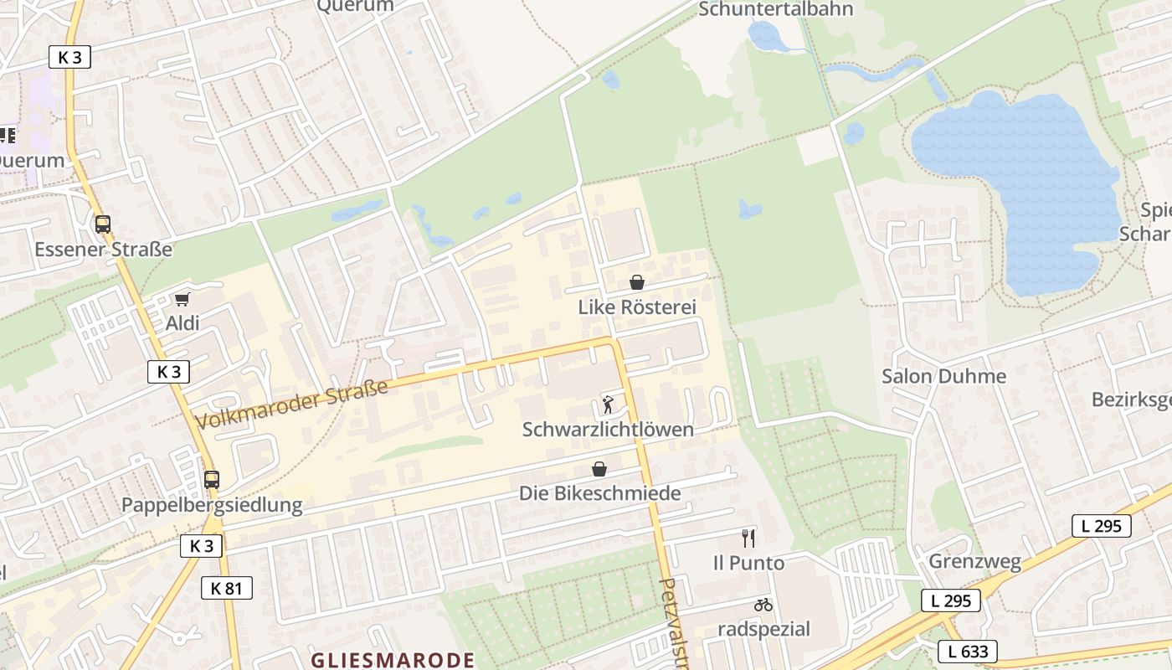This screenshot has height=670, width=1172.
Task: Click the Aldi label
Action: [x=182, y=323]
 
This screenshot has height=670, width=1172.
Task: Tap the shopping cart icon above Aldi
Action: [x=182, y=299]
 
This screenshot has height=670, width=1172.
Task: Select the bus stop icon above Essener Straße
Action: [x=103, y=224]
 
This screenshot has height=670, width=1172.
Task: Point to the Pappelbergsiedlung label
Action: [x=212, y=505]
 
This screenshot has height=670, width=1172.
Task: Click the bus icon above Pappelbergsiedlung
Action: [x=212, y=480]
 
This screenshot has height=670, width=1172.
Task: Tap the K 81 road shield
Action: [x=226, y=588]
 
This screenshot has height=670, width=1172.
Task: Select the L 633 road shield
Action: [x=968, y=651]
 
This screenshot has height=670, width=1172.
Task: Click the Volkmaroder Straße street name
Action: [x=292, y=405]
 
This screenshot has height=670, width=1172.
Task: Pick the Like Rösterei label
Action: [x=637, y=307]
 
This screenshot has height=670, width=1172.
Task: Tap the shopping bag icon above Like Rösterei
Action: [x=637, y=282]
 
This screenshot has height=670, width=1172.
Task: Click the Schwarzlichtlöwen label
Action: [x=608, y=430]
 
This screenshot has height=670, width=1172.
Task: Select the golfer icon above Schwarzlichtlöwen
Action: [x=609, y=405]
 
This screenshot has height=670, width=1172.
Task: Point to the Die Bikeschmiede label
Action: [x=600, y=493]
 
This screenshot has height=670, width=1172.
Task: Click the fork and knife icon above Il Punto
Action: [x=748, y=538]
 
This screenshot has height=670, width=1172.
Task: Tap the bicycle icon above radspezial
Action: [x=763, y=604]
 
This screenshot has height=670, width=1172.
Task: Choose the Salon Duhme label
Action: [x=943, y=376]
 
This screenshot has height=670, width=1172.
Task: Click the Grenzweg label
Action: [x=974, y=562]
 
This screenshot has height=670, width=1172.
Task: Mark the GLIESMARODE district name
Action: [x=393, y=660]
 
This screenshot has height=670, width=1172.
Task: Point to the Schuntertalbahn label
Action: [x=775, y=9]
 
